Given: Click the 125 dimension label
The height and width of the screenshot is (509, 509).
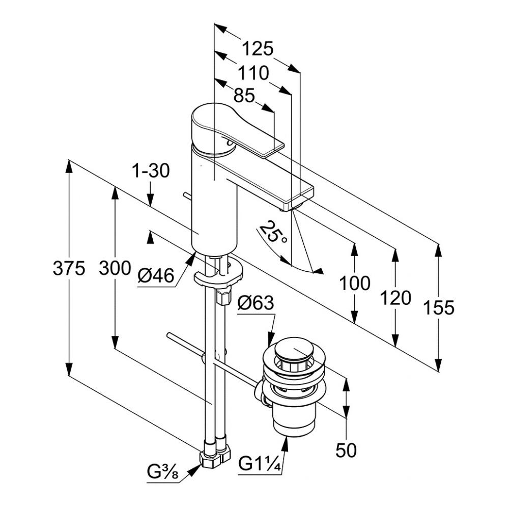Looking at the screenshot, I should [x=258, y=49].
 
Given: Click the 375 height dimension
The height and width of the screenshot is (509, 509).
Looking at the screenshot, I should [x=69, y=268].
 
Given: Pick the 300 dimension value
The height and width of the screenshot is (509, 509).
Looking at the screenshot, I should [x=115, y=268].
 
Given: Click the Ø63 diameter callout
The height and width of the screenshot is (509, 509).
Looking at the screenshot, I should [x=256, y=304].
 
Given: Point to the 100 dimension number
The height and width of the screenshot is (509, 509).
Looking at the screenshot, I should [x=355, y=283].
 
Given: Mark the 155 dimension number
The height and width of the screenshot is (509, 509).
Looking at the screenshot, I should [x=438, y=307].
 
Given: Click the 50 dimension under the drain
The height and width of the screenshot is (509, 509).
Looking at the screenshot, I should [x=346, y=449].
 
